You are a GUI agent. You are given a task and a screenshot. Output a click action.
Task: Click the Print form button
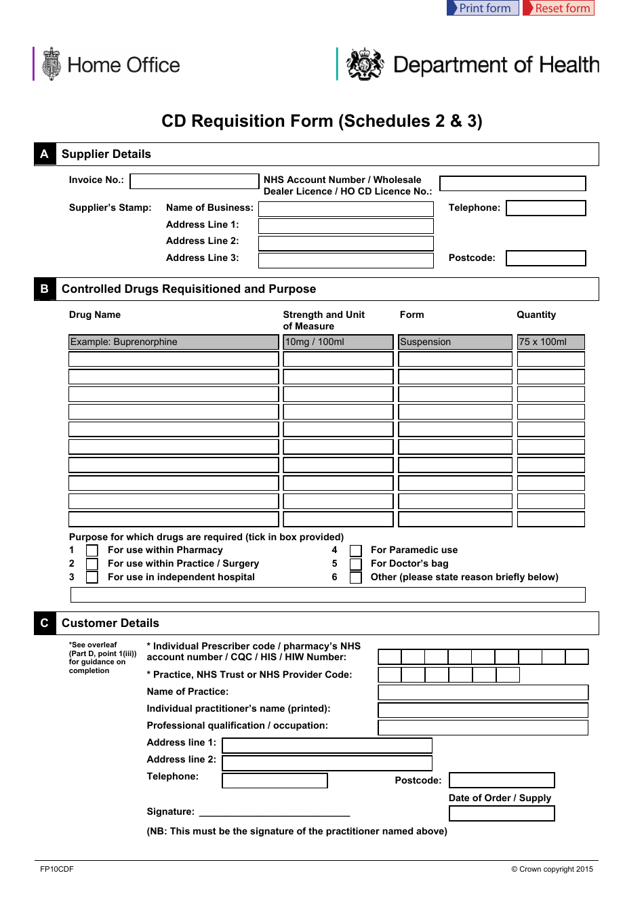click(483, 8)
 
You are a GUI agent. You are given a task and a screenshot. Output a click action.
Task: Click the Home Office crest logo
click(52, 64)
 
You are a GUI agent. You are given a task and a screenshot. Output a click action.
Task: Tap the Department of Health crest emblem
click(365, 64)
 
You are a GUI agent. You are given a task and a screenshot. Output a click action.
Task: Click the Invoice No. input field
click(194, 181)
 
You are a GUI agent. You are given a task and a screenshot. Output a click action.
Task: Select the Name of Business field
click(346, 209)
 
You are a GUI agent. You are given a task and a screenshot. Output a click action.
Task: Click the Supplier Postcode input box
click(546, 258)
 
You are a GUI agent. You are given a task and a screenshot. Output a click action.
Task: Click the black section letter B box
click(45, 289)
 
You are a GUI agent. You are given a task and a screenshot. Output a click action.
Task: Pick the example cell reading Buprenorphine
click(174, 342)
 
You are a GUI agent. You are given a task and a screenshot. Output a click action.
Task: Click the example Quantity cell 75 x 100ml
click(550, 342)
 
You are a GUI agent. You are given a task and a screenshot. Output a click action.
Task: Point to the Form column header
click(411, 315)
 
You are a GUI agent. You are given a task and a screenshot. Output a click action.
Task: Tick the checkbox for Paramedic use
click(356, 551)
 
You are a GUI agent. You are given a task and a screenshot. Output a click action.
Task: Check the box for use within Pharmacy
click(92, 551)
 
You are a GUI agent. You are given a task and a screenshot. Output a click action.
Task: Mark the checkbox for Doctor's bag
click(356, 565)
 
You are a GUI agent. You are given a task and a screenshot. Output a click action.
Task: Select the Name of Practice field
click(483, 692)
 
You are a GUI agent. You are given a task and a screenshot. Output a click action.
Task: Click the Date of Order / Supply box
click(502, 813)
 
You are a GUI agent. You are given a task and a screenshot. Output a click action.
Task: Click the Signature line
click(275, 813)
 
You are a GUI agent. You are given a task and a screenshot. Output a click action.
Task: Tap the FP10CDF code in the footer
click(57, 869)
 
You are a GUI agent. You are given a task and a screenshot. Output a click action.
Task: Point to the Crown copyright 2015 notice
click(552, 869)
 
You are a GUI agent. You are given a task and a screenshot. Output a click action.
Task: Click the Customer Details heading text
click(110, 623)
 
